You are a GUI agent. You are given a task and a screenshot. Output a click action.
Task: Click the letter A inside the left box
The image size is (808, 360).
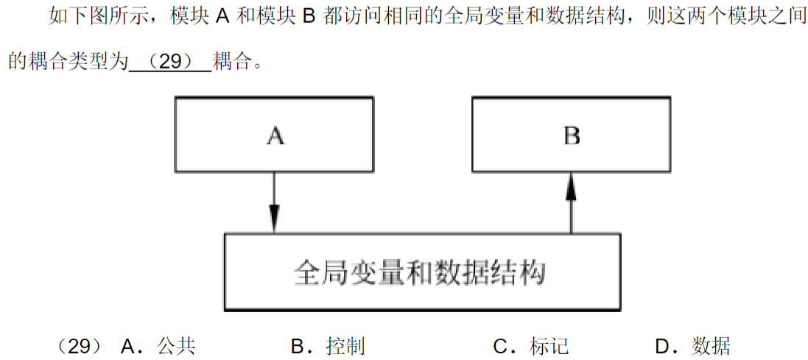tap(275, 135)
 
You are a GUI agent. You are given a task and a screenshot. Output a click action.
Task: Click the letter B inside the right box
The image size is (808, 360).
tap(572, 135)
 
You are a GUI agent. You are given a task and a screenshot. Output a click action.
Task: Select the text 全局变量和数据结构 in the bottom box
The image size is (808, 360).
tap(420, 272)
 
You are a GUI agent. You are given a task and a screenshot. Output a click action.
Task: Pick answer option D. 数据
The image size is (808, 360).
tap(692, 345)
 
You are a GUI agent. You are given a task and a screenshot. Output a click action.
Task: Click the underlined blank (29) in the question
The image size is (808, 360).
tap(170, 62)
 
